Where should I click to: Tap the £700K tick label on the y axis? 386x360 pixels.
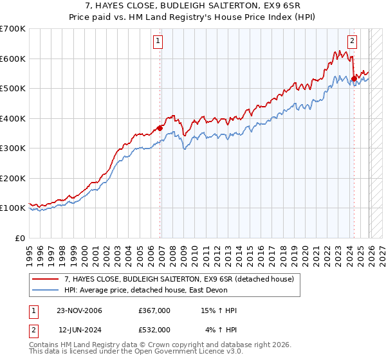pos(13,29)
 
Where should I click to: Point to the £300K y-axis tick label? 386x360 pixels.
pos(13,148)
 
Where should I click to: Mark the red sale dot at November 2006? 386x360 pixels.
pos(160,128)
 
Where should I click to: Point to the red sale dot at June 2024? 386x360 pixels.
pos(354,79)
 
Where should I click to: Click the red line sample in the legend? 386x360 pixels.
pos(46,279)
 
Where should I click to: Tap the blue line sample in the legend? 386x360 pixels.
pos(46,290)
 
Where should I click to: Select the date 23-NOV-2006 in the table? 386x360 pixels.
pos(80,310)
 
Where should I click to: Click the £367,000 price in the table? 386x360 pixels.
pos(154,310)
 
